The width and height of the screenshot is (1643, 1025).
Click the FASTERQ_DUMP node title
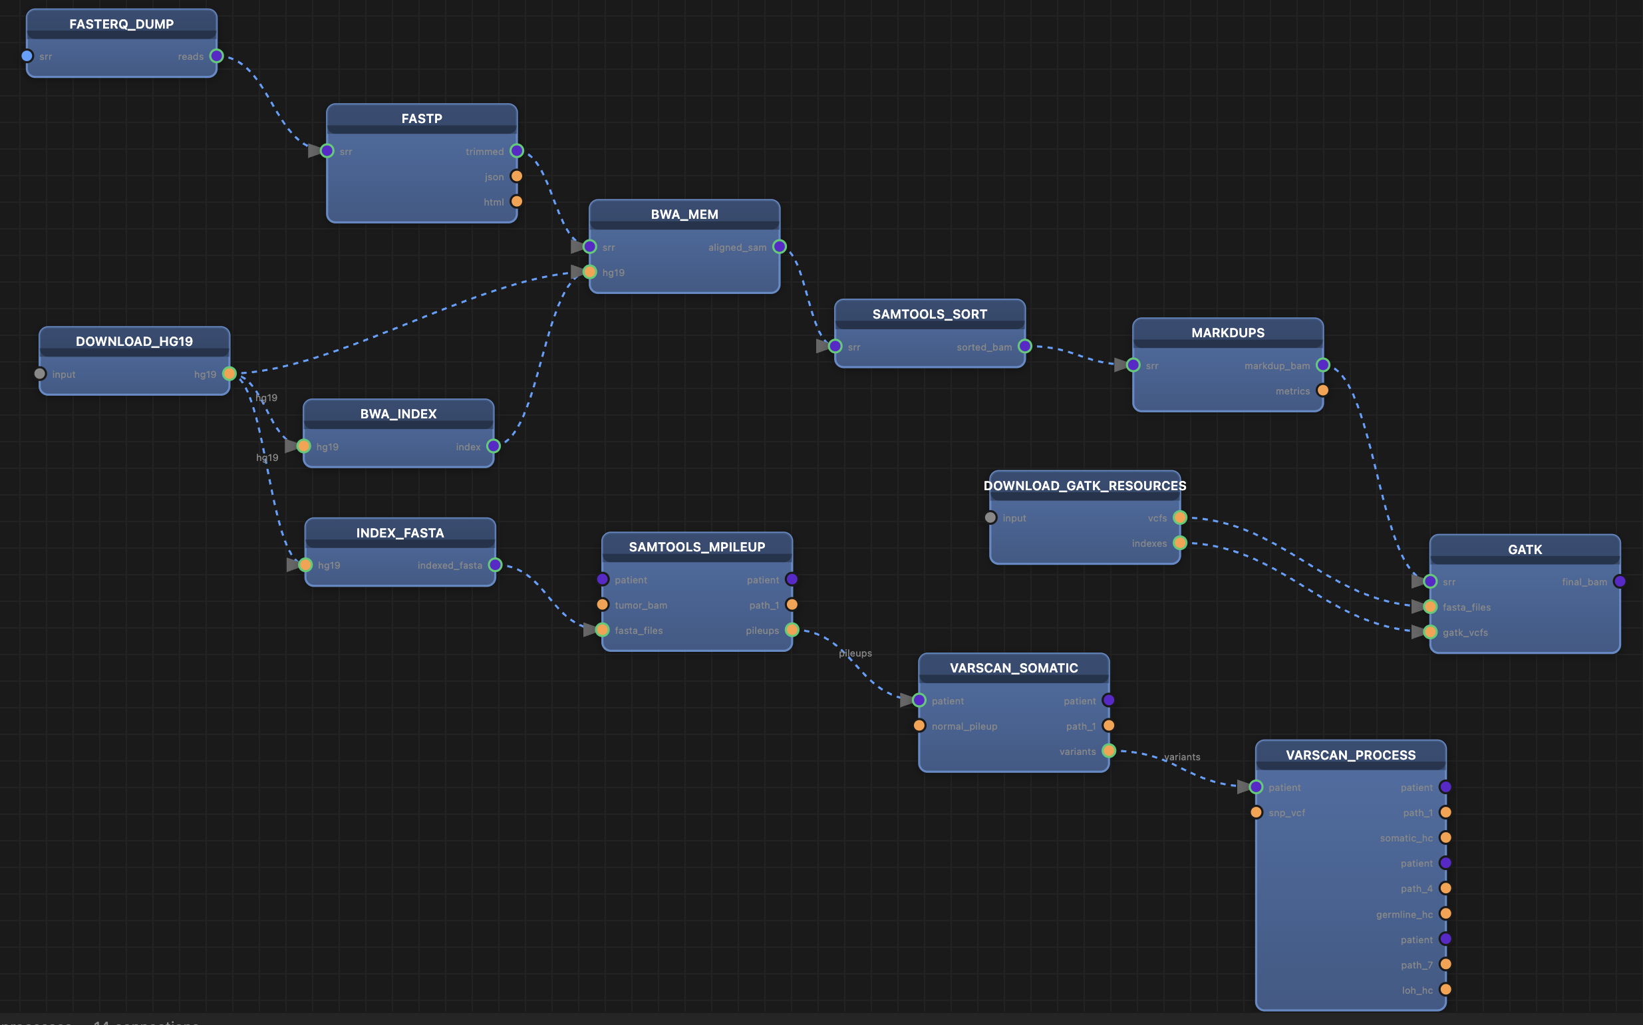(121, 25)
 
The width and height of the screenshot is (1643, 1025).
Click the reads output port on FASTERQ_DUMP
(217, 57)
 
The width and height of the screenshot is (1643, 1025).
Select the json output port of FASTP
(516, 176)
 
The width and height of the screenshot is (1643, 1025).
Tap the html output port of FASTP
(516, 202)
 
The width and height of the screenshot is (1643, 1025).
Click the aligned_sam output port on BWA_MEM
(780, 247)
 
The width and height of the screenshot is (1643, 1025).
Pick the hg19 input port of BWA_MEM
(590, 273)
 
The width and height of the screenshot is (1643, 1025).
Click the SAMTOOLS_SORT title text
(929, 314)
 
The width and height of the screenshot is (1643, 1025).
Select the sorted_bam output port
(1025, 347)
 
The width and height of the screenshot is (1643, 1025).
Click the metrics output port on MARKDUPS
(1322, 390)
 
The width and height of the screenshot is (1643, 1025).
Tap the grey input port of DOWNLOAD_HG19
(40, 374)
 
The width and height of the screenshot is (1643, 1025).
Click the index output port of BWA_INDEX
(494, 446)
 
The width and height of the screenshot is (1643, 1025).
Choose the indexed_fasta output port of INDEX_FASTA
(495, 565)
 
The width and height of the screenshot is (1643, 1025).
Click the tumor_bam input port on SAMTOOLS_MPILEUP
(603, 605)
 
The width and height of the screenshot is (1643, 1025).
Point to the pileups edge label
(855, 653)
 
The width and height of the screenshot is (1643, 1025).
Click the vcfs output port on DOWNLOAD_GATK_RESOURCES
(1180, 518)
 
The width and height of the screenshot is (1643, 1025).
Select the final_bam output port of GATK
(1620, 581)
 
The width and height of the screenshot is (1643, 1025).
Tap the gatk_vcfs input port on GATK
(1430, 633)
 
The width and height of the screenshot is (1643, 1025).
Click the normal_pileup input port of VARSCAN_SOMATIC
(919, 726)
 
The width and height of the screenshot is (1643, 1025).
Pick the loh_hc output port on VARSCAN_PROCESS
(1445, 990)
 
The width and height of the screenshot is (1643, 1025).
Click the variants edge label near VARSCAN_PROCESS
(1181, 757)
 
